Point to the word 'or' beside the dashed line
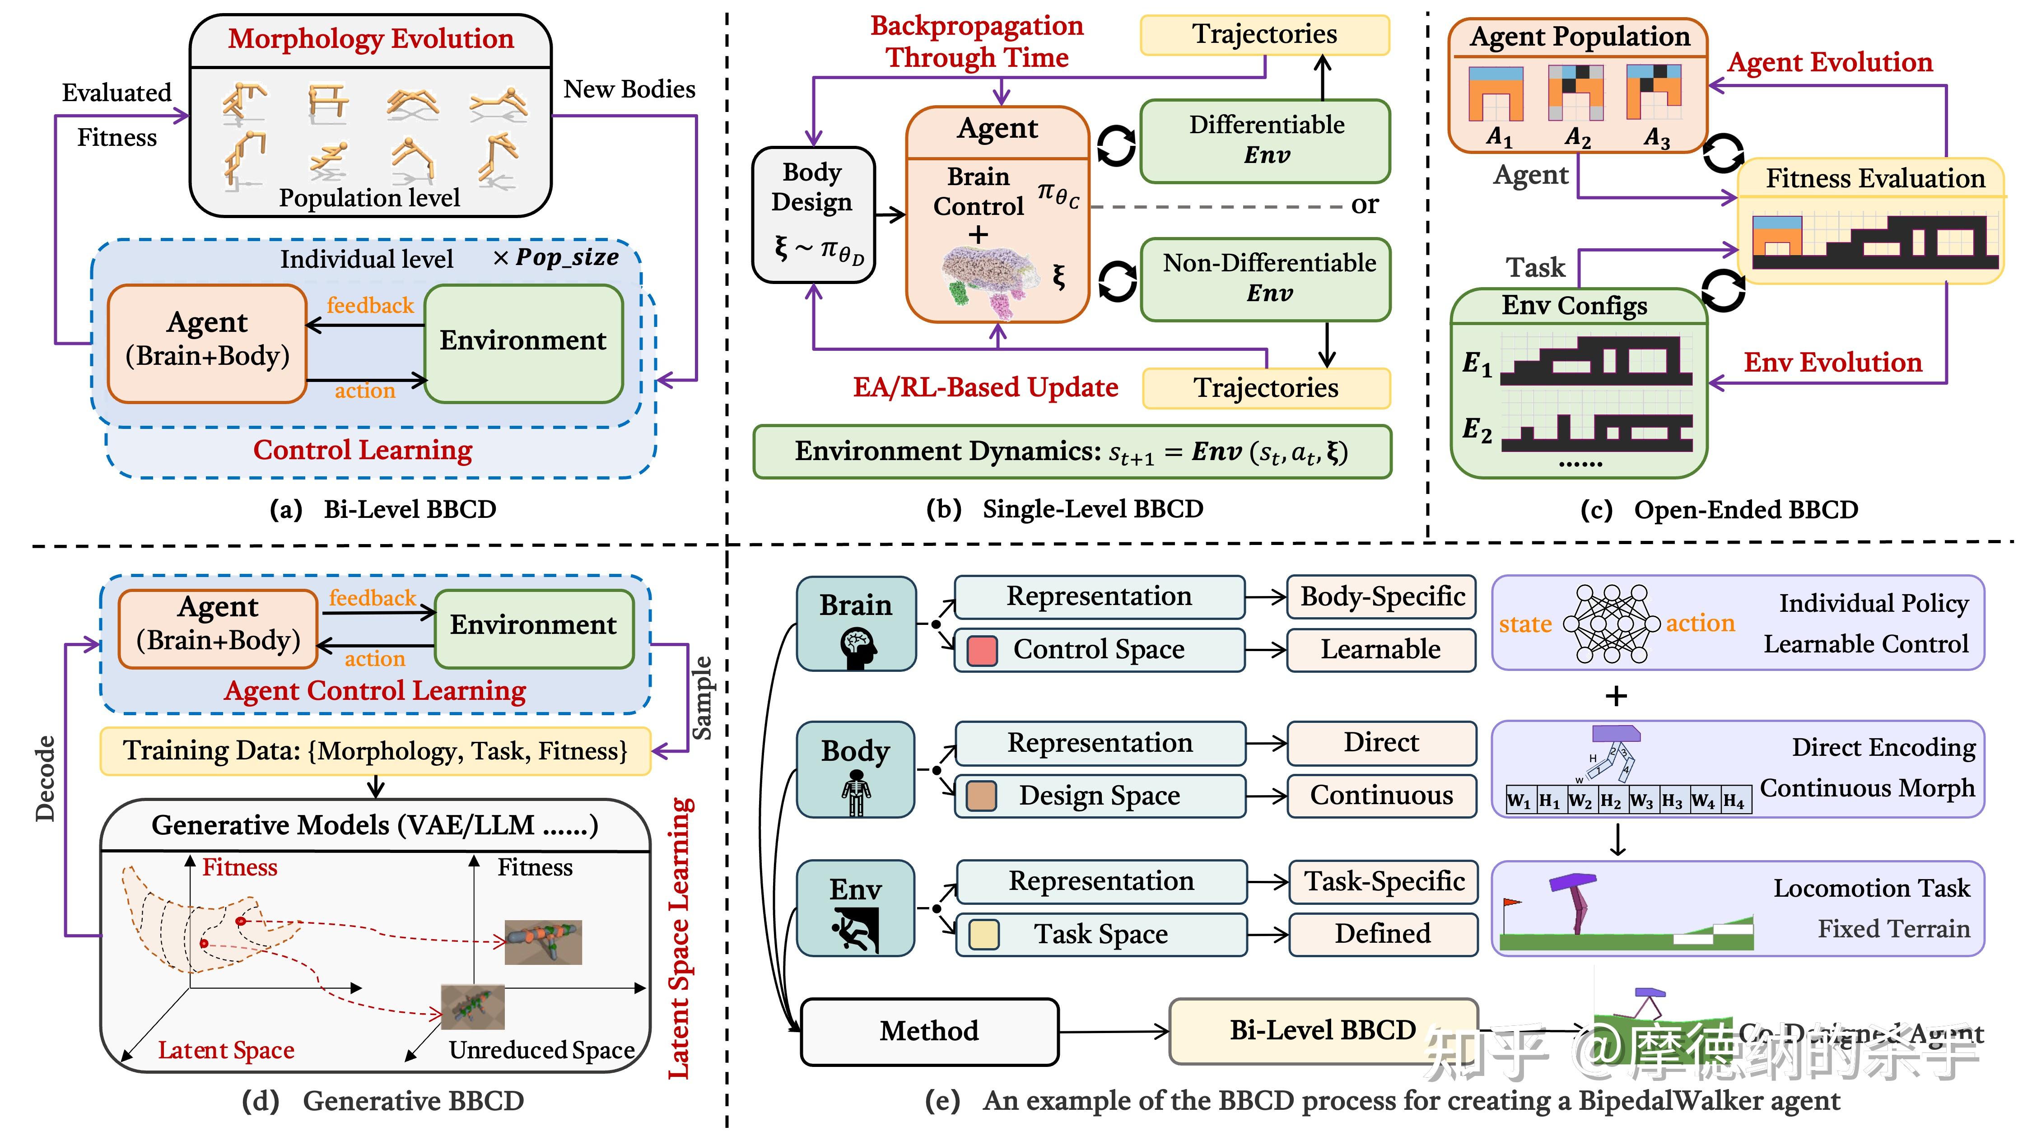(x=1365, y=205)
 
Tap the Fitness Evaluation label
(x=1874, y=178)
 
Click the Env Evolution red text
(x=1832, y=362)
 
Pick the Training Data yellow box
(x=376, y=750)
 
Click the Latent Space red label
(x=226, y=1050)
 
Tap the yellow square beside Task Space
(x=983, y=935)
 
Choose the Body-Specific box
(x=1382, y=596)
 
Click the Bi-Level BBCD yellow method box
(x=1323, y=1030)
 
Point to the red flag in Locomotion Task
(x=1511, y=903)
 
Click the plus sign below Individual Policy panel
(x=1616, y=696)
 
